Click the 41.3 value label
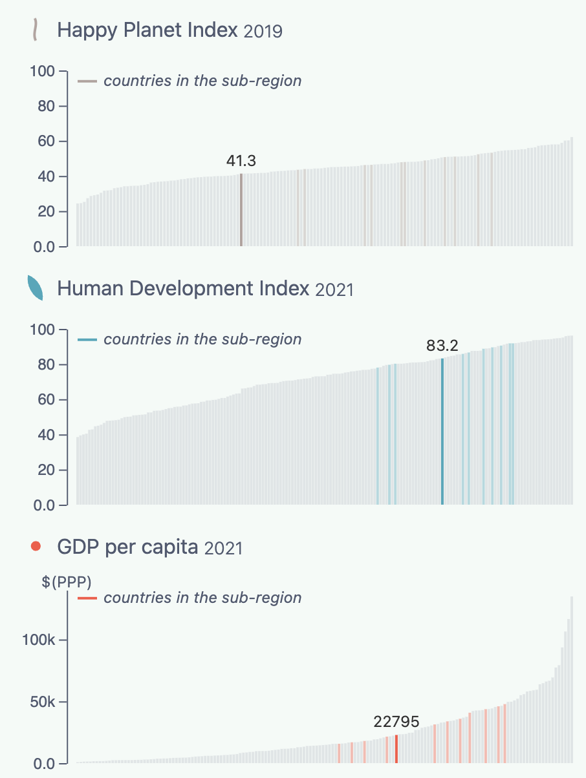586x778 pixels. click(241, 161)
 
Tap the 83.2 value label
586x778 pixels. click(442, 346)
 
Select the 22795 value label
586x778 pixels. click(396, 722)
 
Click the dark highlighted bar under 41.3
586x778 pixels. click(241, 210)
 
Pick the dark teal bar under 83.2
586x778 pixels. click(442, 432)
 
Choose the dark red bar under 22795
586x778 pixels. click(396, 750)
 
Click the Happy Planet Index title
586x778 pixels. click(147, 30)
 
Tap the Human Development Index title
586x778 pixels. click(183, 288)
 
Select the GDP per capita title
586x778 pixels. click(127, 547)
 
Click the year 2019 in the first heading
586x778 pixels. click(263, 32)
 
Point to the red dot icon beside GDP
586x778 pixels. click(36, 547)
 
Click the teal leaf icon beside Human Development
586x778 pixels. click(35, 288)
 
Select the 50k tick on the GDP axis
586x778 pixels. click(47, 702)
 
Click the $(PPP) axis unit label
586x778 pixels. click(67, 582)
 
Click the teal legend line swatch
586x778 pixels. click(87, 340)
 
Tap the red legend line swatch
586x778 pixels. click(87, 598)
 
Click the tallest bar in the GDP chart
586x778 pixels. click(572, 678)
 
